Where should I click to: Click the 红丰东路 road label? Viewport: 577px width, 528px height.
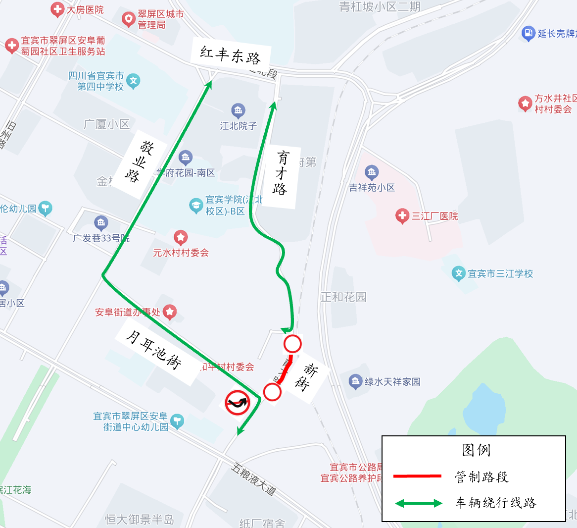[231, 55]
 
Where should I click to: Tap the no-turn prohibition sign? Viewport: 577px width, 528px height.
[238, 402]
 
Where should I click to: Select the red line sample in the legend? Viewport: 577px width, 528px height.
[417, 476]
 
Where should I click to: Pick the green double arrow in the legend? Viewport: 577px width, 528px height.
[419, 503]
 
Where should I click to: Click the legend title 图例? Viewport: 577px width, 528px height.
[476, 450]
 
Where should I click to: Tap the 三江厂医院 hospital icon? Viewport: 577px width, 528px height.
[402, 216]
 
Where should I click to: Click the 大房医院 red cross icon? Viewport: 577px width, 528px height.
[57, 9]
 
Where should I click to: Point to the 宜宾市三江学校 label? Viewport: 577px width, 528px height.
[500, 273]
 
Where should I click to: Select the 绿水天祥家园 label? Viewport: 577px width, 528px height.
[392, 381]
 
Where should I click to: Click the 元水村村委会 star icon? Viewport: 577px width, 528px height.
[181, 237]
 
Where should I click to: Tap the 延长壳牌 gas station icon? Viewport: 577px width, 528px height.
[529, 33]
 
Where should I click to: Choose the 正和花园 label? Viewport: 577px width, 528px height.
[343, 297]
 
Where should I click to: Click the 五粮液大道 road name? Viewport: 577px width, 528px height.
[253, 479]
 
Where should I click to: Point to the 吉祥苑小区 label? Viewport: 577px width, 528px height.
[372, 187]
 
